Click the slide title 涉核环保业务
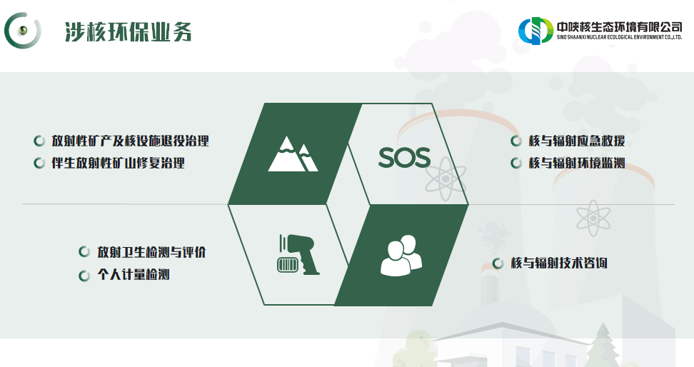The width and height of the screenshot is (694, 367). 128,31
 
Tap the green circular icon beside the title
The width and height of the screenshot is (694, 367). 23,30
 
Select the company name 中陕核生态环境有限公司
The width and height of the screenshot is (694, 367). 618,25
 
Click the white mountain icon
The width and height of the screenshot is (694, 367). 293,154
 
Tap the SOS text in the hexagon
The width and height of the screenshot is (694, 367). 404,157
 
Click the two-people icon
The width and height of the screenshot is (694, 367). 401,255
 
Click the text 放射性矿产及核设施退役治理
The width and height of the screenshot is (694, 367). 130,141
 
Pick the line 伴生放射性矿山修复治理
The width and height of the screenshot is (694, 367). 118,164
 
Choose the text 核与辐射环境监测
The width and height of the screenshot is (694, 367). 576,164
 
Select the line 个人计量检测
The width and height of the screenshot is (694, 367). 134,275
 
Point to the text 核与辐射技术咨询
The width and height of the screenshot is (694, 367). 559,263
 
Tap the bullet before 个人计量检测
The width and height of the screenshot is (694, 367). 84,275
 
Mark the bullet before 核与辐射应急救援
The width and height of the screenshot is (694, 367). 516,141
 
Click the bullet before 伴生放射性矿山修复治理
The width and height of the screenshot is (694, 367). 39,164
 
